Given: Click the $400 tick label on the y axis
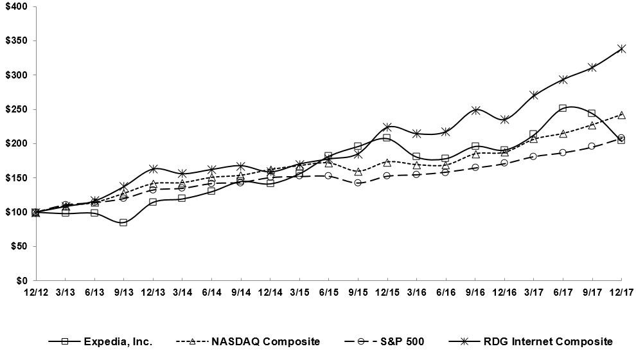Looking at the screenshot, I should click(x=15, y=6).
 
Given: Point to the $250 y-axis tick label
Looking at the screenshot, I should click(x=15, y=109).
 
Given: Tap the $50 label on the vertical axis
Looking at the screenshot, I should click(x=17, y=246).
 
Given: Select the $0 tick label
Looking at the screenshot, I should click(x=21, y=280).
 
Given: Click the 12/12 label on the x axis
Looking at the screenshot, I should click(x=35, y=292).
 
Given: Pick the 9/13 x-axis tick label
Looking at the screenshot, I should click(x=123, y=292).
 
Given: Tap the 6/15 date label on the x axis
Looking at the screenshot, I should click(x=328, y=292).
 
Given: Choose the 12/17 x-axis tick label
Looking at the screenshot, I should click(x=621, y=292).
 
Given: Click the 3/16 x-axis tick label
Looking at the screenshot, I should click(x=416, y=292).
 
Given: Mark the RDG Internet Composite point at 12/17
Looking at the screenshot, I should click(x=621, y=49).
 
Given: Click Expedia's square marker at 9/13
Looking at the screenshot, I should click(x=123, y=222).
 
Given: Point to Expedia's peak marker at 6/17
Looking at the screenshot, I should click(x=563, y=108).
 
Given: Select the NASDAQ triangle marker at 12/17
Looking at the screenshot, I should click(x=621, y=115).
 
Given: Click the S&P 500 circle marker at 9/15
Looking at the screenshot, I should click(x=358, y=183).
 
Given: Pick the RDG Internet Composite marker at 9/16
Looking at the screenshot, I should click(x=475, y=110).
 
